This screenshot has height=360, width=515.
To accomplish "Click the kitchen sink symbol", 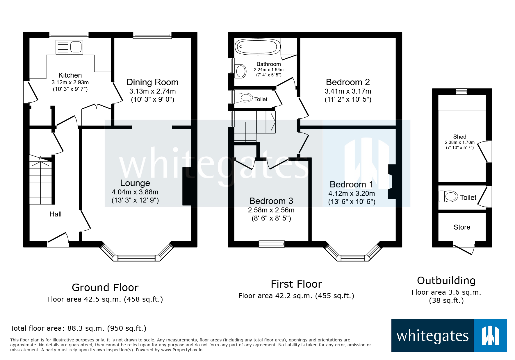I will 70,47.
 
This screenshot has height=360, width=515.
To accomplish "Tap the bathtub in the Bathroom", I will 257,46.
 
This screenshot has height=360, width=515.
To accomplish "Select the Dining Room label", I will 152,82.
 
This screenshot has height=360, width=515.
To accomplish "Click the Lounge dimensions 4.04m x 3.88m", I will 135,192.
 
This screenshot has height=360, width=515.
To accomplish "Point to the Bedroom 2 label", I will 348,82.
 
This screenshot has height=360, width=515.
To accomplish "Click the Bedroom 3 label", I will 271,201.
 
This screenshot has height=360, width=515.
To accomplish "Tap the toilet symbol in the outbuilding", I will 448,196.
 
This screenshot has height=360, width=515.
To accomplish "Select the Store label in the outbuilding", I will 462,227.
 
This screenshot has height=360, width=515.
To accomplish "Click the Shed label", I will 459,137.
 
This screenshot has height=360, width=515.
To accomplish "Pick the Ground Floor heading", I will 105,287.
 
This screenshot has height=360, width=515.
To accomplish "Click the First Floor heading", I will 296,284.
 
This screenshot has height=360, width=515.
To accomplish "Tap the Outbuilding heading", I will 446,281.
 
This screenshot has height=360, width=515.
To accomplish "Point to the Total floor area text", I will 78,328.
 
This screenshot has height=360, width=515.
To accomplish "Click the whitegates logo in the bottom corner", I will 449,335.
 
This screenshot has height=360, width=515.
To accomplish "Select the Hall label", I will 55,214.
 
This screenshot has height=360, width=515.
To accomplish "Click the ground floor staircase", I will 41,182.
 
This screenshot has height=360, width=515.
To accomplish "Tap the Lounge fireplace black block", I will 186,187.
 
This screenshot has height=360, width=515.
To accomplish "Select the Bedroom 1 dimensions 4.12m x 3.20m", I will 351,194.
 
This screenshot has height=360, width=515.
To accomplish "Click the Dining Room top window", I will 152,35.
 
